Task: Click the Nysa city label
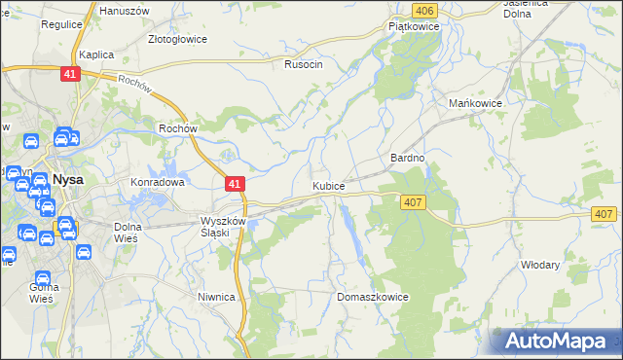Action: tap(67, 180)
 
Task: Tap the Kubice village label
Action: tap(328, 186)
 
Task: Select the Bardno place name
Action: tap(408, 158)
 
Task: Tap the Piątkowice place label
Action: tap(414, 27)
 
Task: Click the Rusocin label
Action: tap(303, 65)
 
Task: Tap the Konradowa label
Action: tap(158, 182)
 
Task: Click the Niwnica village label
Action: tap(216, 298)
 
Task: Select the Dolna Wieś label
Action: tap(128, 233)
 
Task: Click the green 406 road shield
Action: tap(422, 11)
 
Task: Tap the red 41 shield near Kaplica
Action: tap(69, 75)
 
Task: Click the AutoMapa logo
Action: tap(558, 341)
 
